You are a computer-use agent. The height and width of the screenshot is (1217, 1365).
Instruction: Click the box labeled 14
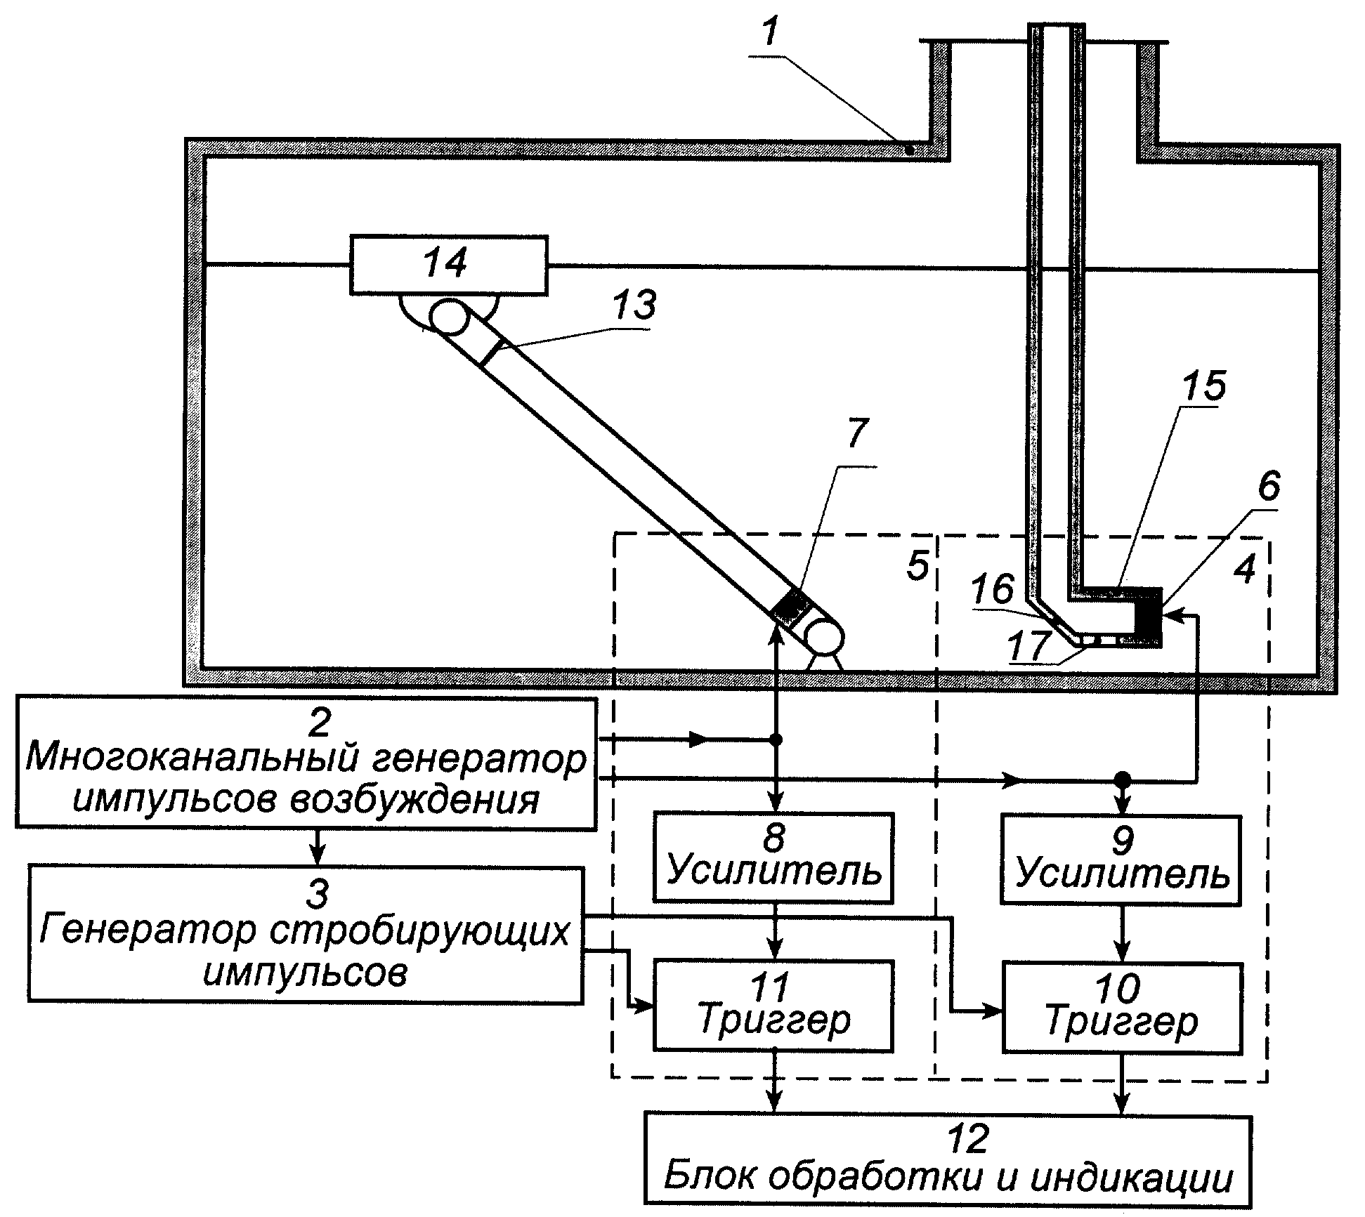(x=448, y=265)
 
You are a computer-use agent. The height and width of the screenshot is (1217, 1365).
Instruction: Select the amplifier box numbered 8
(x=773, y=857)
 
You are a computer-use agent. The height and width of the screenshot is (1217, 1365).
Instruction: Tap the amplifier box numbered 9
(x=1121, y=858)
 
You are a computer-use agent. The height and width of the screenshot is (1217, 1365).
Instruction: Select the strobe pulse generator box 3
(x=306, y=934)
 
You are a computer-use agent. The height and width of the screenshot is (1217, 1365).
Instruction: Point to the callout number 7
(x=856, y=433)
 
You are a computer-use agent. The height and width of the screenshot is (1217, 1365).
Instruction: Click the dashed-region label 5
(x=917, y=566)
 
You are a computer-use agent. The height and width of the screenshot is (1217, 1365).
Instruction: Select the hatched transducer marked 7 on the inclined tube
(x=791, y=607)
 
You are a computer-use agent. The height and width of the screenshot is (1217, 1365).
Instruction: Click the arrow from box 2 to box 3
(x=318, y=848)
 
